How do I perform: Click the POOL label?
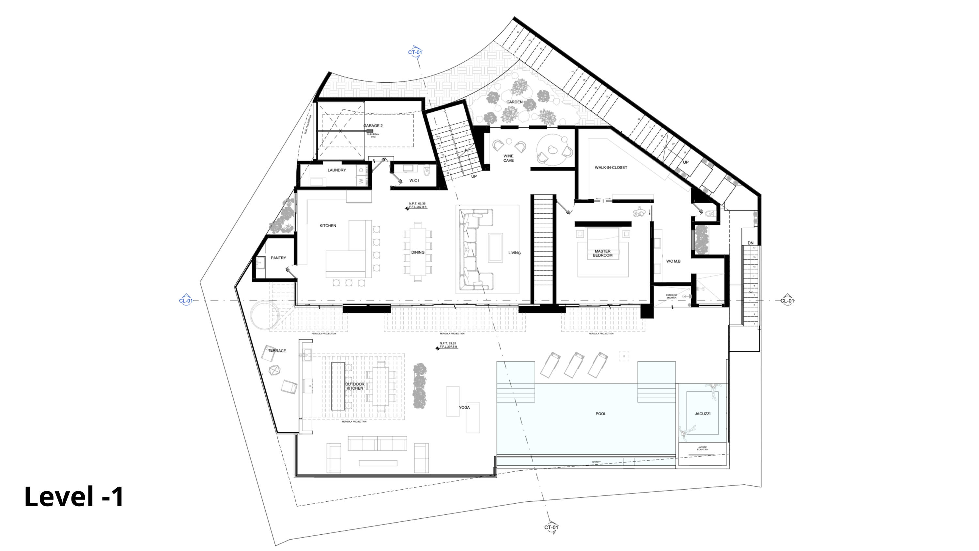pyautogui.click(x=600, y=414)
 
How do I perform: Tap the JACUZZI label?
pyautogui.click(x=702, y=414)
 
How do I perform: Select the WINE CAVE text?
pyautogui.click(x=508, y=158)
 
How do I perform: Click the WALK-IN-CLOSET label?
pyautogui.click(x=611, y=168)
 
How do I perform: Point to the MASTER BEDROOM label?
pyautogui.click(x=602, y=253)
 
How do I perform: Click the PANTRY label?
pyautogui.click(x=278, y=258)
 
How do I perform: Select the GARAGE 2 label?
pyautogui.click(x=373, y=126)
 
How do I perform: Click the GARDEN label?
pyautogui.click(x=514, y=102)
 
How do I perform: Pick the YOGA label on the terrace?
pyautogui.click(x=464, y=408)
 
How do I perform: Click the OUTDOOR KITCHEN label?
pyautogui.click(x=355, y=386)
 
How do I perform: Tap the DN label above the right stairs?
pyautogui.click(x=750, y=243)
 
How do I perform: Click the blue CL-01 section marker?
pyautogui.click(x=186, y=300)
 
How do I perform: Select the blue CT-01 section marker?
pyautogui.click(x=415, y=52)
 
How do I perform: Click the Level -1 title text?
pyautogui.click(x=74, y=497)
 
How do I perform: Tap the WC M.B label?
pyautogui.click(x=673, y=261)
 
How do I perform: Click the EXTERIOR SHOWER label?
pyautogui.click(x=671, y=296)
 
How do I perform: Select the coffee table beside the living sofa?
pyautogui.click(x=495, y=248)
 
